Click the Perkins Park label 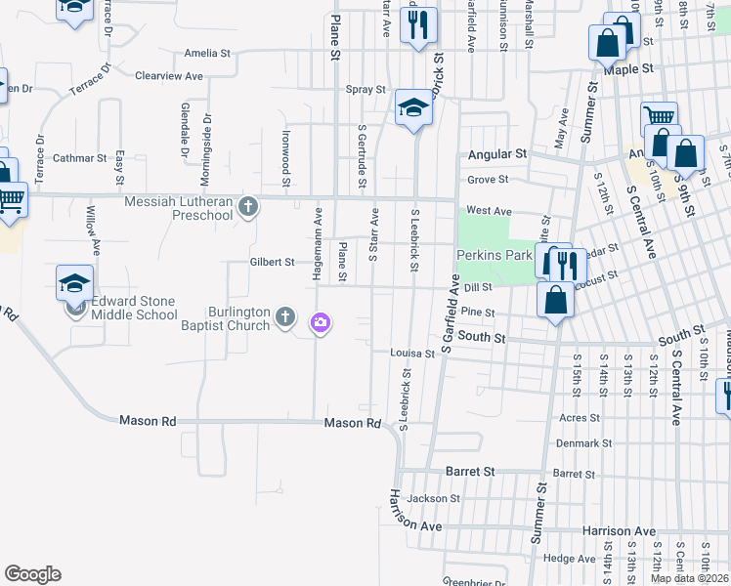[x=494, y=255]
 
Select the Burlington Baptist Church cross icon [x=285, y=315]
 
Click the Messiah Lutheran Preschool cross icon [x=249, y=206]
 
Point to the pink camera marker [x=321, y=322]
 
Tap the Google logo [x=32, y=574]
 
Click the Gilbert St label [x=272, y=262]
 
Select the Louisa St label [x=411, y=353]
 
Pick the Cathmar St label [x=80, y=157]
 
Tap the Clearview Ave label [x=169, y=75]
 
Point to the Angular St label [x=497, y=154]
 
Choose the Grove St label [x=488, y=180]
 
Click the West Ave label [x=489, y=210]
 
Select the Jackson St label [x=434, y=498]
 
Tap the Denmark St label [x=585, y=442]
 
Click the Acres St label [x=580, y=417]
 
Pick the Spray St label [x=366, y=89]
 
